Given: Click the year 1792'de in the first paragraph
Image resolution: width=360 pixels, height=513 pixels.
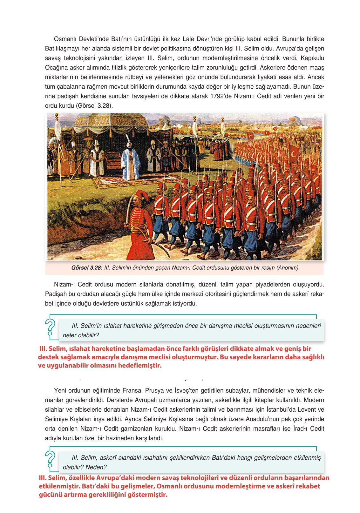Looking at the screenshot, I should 221,96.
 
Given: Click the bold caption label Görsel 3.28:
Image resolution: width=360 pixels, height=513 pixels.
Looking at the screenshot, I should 87,268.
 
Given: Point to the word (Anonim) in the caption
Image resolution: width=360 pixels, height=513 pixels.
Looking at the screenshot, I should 287,268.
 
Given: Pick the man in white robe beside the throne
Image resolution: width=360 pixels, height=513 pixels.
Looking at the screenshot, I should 97,159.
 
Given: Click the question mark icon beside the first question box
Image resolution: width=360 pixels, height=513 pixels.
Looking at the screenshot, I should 50,327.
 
